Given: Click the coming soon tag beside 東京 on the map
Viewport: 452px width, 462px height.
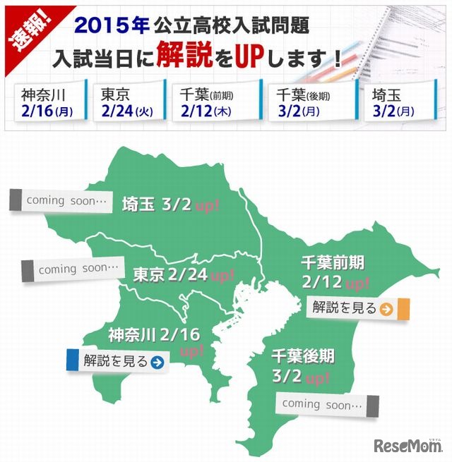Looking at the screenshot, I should [73, 269].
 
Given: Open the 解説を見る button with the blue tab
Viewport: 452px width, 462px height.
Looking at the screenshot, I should [117, 361].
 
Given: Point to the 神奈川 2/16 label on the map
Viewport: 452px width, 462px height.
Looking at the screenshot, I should [155, 333].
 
